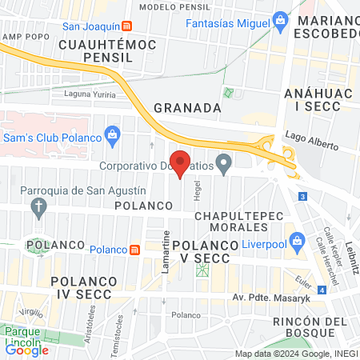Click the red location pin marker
click(181, 163)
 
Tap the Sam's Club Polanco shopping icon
click(112, 132)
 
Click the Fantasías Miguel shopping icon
click(280, 18)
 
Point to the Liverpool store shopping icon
click(297, 240)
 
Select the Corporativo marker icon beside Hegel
click(225, 166)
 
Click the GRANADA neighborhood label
click(186, 107)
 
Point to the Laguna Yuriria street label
click(89, 94)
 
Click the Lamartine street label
click(166, 250)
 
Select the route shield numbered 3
click(302, 197)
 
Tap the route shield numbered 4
click(321, 290)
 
